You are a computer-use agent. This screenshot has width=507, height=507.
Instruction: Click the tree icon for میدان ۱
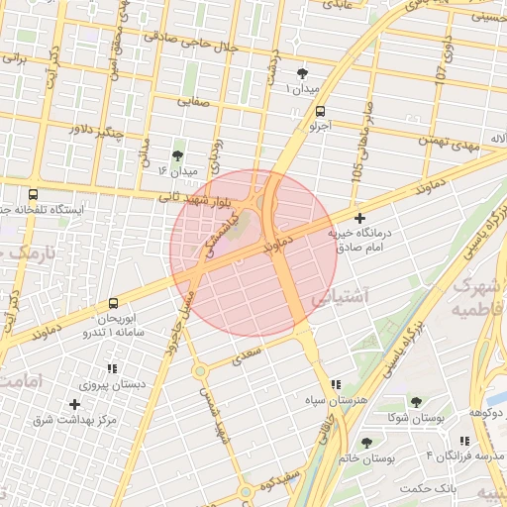[x=302, y=73]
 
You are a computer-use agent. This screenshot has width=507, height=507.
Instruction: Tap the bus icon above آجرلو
[x=319, y=111]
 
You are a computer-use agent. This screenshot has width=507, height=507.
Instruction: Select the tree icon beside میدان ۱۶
[x=177, y=155]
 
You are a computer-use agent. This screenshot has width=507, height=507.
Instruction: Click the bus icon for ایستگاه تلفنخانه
[x=34, y=195]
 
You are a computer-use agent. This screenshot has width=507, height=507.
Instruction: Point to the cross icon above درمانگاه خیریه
[x=359, y=217]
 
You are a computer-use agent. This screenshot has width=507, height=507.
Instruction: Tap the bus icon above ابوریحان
[x=113, y=303]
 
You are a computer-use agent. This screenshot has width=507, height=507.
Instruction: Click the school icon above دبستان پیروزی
[x=111, y=368]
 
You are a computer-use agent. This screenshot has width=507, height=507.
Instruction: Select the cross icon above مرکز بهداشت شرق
[x=74, y=404]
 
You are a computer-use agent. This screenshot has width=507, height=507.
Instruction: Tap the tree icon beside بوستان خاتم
[x=367, y=442]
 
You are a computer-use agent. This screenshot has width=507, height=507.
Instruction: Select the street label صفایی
[x=195, y=100]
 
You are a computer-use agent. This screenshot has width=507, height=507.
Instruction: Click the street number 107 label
[x=442, y=68]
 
